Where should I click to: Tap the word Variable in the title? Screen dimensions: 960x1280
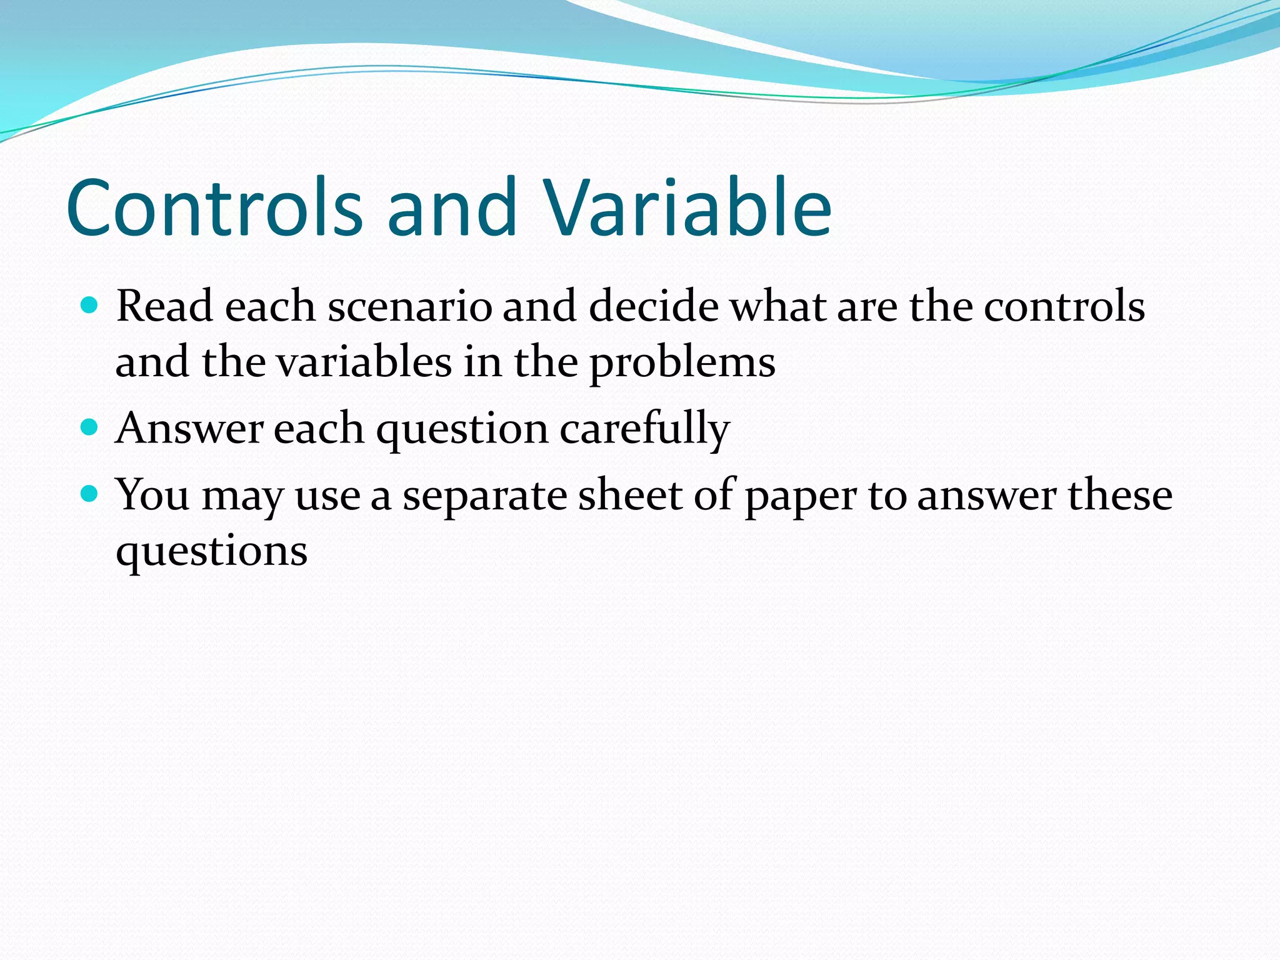[x=687, y=207]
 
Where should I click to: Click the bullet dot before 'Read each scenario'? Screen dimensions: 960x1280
[x=90, y=306]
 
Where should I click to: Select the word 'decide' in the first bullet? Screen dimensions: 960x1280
[x=654, y=307]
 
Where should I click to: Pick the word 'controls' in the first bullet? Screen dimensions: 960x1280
[x=1064, y=307]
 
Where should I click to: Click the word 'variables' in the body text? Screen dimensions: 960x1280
[x=364, y=362]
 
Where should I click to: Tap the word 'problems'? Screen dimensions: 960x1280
[x=682, y=363]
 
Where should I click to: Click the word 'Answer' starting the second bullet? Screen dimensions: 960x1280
[x=189, y=429]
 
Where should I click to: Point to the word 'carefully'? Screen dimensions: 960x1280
[x=644, y=429]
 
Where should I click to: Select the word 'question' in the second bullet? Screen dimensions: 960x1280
[x=462, y=430]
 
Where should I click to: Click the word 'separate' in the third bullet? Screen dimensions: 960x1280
[x=484, y=496]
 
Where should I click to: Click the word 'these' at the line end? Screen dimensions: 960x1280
[x=1120, y=494]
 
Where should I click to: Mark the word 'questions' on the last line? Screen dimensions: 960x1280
[x=211, y=552]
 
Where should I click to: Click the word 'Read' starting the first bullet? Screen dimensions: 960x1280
[x=164, y=307]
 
